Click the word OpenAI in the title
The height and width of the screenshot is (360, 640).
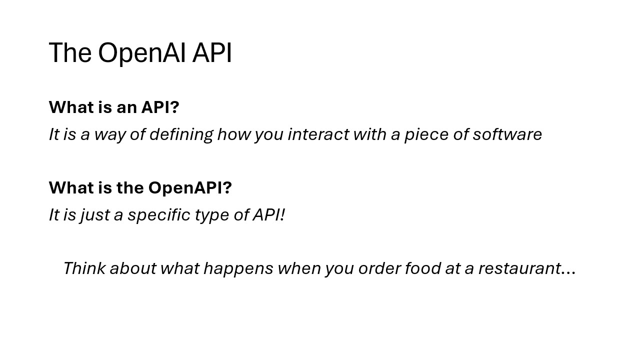tap(141, 53)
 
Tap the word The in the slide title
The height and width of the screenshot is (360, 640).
tap(70, 52)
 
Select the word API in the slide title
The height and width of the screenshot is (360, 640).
tap(212, 53)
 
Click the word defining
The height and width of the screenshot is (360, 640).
tap(181, 134)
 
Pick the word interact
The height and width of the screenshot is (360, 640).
tap(318, 134)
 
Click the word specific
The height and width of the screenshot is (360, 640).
tap(159, 215)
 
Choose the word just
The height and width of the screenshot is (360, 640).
tap(94, 215)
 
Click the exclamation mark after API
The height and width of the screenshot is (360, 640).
tap(282, 214)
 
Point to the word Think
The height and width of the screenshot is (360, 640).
tap(84, 268)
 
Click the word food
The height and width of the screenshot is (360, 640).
tap(423, 268)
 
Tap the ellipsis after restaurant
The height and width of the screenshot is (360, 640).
tap(568, 273)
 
